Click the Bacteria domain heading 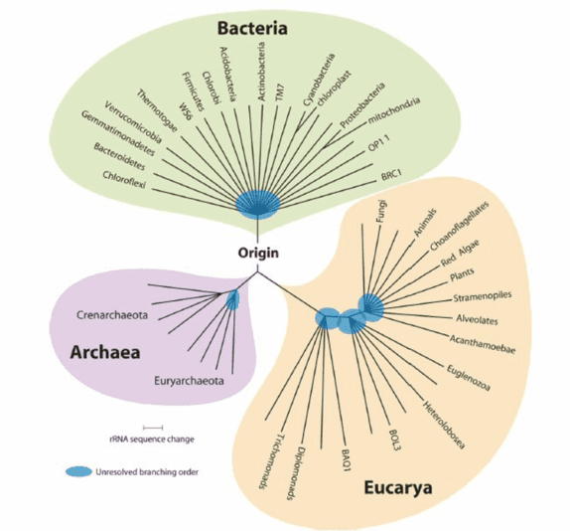(x=252, y=29)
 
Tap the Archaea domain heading (x=105, y=352)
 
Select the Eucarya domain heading (x=398, y=488)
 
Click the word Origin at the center (x=258, y=253)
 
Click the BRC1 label (x=391, y=175)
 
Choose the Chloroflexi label (x=124, y=180)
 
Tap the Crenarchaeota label (x=112, y=315)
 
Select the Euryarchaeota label (x=189, y=381)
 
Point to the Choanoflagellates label (x=459, y=226)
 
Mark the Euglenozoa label (x=469, y=377)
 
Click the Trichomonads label (x=270, y=461)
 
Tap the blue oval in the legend (x=78, y=471)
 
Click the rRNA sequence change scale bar (x=153, y=428)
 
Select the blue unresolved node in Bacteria (x=258, y=204)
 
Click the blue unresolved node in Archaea (x=232, y=299)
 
